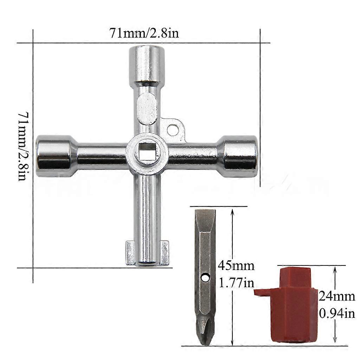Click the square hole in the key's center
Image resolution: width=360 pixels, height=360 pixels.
tap(147, 154)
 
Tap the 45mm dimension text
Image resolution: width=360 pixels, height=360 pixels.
tap(236, 265)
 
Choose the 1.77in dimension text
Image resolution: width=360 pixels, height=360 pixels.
tap(236, 282)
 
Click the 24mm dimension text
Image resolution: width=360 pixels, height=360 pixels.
tap(337, 296)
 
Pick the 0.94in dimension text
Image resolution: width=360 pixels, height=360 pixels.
tap(337, 313)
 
